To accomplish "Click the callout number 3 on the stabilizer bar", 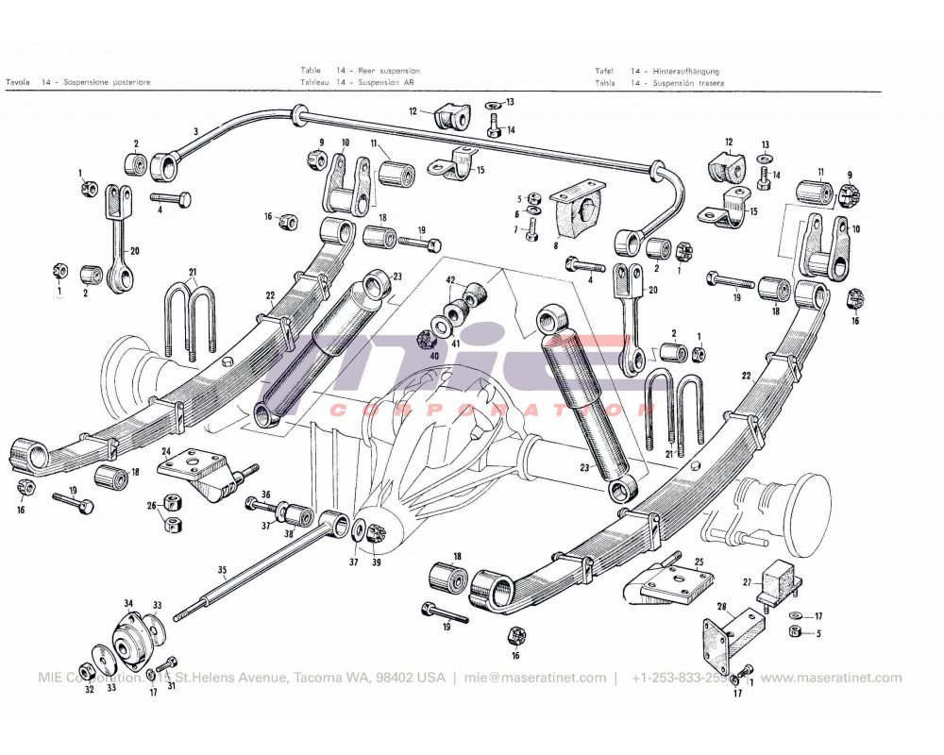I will coord(195,130).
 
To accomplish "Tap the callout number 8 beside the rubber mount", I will coord(556,245).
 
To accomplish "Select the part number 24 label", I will coord(165,451).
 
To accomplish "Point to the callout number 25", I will coord(699,562).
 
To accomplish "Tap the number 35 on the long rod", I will coord(223,569).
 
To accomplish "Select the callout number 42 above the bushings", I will coord(451,280).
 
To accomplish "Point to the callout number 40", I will coord(434,356).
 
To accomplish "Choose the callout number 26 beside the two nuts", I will coord(151,505).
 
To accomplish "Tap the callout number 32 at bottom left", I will coord(89,690).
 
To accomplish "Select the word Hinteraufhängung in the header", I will coord(685,71).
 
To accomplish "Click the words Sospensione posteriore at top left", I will coord(107,82).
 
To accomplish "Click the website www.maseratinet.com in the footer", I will coord(831,678).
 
